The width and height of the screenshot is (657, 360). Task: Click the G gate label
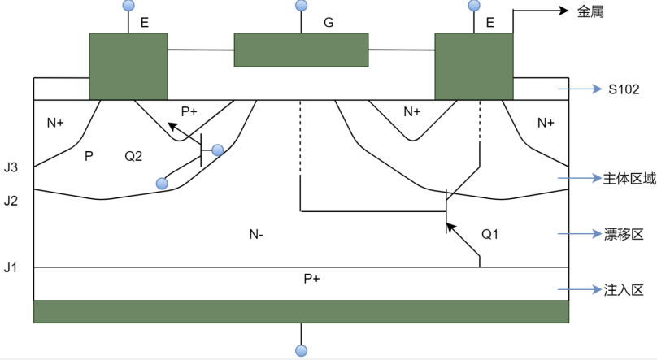(x=328, y=23)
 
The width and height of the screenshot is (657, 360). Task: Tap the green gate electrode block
(x=301, y=50)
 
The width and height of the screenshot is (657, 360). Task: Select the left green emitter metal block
(x=128, y=66)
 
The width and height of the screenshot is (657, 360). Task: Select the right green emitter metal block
(x=474, y=66)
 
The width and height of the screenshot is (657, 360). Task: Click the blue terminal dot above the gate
(x=302, y=6)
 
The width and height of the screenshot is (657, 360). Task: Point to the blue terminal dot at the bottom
(x=302, y=351)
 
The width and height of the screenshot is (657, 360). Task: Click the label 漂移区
(x=624, y=234)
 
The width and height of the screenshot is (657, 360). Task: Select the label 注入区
(x=624, y=289)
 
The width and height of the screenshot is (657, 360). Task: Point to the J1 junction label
(x=11, y=267)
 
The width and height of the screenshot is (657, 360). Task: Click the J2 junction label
(x=11, y=200)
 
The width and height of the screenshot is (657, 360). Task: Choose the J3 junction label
(x=11, y=167)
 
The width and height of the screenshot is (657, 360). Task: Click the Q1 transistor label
(x=489, y=234)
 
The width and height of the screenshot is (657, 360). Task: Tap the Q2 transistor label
(x=133, y=154)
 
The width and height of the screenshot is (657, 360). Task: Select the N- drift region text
(x=257, y=234)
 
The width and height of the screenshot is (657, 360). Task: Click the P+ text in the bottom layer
(x=311, y=279)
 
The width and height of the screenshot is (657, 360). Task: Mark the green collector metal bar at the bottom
(x=301, y=312)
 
